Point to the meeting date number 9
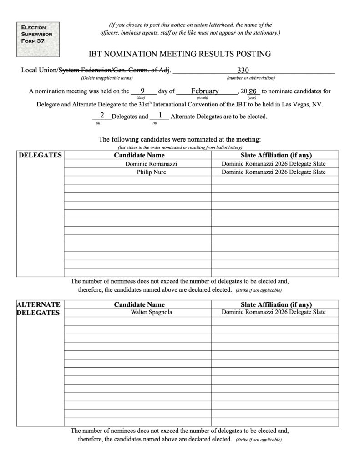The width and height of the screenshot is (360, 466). pos(142,91)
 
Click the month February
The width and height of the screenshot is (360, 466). pos(205,91)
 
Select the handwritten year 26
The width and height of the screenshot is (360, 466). pos(253,91)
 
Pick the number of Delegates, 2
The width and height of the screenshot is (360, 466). pos(102,116)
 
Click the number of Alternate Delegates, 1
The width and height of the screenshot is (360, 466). pos(160,116)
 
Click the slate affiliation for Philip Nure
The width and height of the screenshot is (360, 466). pos(274,172)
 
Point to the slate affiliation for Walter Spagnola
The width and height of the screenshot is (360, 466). pos(274,313)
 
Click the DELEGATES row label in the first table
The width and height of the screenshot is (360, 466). pos(40,156)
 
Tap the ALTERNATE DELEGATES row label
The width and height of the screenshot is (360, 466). pos(38,309)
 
